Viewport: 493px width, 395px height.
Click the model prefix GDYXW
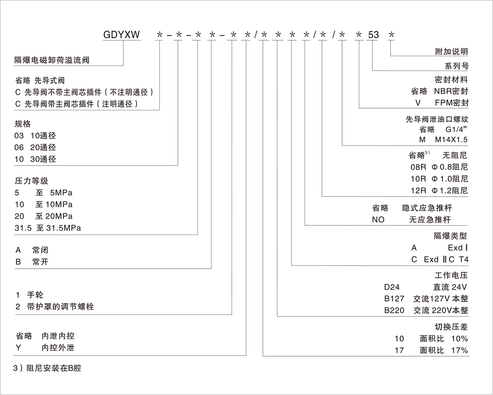coord(121,35)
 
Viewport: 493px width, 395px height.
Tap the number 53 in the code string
coord(374,35)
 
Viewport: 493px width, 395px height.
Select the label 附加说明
coord(451,52)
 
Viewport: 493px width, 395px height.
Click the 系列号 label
coord(456,66)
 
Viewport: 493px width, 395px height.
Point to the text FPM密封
coord(452,103)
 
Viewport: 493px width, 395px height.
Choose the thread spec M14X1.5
coord(451,140)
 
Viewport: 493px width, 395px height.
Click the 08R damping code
coord(418,167)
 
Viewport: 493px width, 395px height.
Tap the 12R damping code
coord(418,190)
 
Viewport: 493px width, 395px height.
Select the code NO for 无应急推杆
coord(378,220)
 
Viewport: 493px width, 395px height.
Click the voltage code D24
coord(392,287)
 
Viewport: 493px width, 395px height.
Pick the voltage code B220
coord(394,310)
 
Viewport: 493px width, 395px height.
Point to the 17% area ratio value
coord(459,350)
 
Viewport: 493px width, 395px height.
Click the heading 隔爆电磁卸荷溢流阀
coord(52,60)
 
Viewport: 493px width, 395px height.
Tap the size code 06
coord(19,147)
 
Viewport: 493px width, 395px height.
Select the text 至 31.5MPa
coord(58,228)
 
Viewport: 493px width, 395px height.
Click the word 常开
coord(40,262)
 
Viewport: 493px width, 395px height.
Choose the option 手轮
coord(35,295)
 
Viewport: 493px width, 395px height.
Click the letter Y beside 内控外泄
coord(18,348)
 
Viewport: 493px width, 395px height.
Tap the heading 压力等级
coord(31,181)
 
